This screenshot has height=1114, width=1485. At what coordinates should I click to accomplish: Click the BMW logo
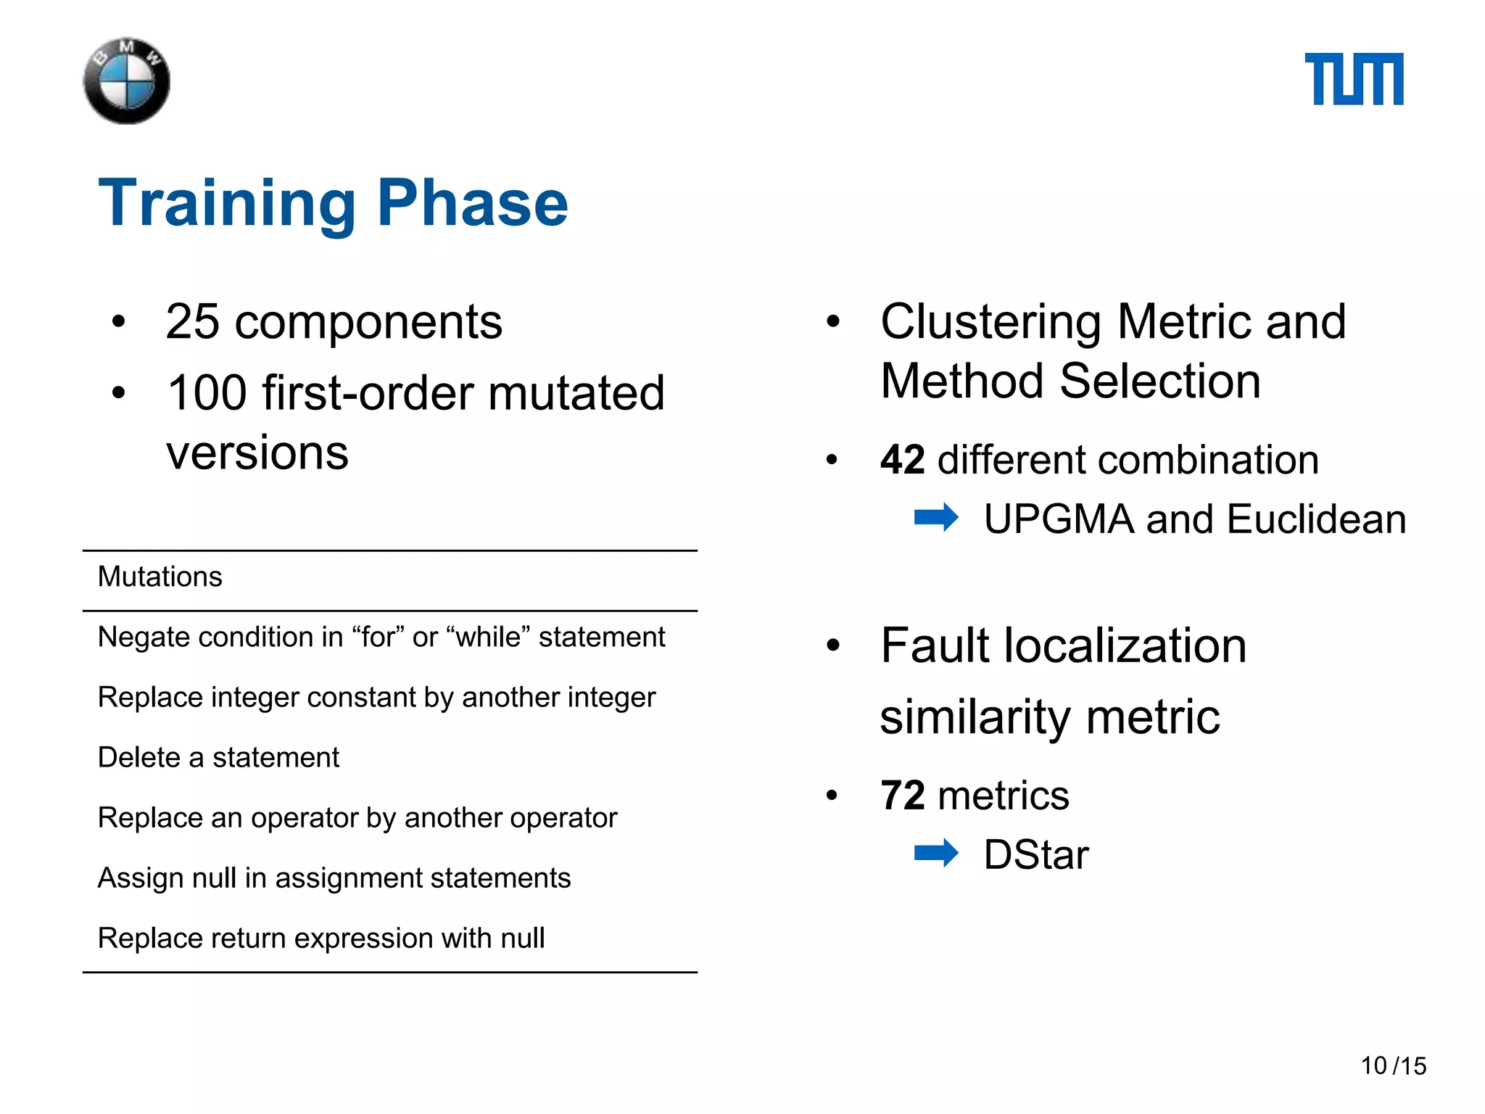click(127, 81)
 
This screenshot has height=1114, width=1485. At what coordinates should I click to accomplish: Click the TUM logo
click(1354, 79)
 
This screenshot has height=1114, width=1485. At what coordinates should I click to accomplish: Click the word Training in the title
click(227, 204)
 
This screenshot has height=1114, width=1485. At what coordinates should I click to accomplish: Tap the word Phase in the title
click(472, 204)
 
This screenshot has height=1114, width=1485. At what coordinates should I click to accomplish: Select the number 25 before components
click(192, 322)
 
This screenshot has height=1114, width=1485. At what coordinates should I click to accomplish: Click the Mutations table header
click(160, 577)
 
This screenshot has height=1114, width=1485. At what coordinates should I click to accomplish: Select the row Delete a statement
click(218, 758)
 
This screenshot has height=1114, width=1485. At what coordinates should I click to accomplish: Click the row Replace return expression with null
click(321, 938)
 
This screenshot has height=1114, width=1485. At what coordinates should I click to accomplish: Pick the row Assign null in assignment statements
click(334, 878)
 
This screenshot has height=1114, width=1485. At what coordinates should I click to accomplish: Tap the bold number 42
click(902, 460)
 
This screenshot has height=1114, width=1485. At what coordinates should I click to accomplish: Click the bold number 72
click(902, 796)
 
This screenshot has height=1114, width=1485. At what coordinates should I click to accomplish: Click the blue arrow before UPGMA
click(936, 518)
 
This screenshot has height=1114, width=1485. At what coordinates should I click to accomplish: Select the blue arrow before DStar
click(936, 853)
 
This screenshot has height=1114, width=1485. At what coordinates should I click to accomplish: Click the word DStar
click(1036, 855)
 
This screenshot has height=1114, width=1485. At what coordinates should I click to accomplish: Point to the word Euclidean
click(1316, 520)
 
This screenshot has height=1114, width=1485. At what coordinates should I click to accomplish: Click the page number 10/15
click(1393, 1066)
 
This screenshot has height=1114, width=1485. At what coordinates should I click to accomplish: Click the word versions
click(257, 453)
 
